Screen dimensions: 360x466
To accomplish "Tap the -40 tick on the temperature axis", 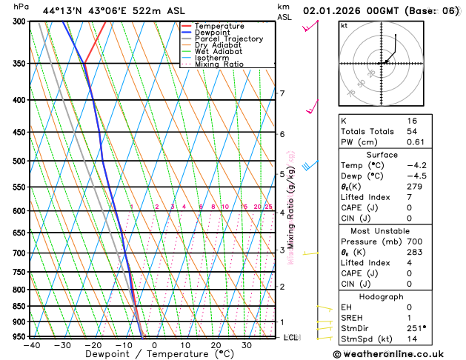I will click(x=31, y=344).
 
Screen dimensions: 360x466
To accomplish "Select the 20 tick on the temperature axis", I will click(x=216, y=344).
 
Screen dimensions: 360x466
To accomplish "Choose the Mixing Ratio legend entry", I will click(x=219, y=64).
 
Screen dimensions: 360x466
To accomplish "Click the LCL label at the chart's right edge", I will click(x=291, y=338).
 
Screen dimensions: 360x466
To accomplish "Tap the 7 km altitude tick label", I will click(x=282, y=93).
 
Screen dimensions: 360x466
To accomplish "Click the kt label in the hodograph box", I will click(x=344, y=25).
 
